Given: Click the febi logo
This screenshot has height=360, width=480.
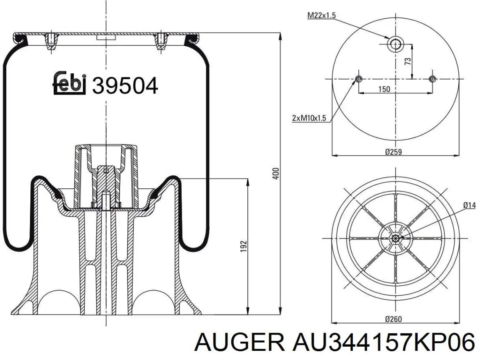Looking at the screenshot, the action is pos(69,83).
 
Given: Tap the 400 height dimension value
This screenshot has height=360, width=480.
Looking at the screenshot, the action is pos(276,174).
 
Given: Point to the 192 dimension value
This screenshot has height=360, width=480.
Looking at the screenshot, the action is pos(243,246).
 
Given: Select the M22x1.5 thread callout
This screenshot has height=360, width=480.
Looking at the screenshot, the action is pos(321,15).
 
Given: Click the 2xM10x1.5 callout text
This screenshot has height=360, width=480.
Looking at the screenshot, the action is pos(309,118).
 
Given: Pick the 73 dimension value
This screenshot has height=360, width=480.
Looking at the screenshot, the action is pos(408,61).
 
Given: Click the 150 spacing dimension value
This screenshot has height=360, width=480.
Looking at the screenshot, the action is pos(384,89).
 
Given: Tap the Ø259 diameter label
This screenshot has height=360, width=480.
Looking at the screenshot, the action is pos(393,152).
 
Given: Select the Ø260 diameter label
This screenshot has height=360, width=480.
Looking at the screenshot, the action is pos(393,319).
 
